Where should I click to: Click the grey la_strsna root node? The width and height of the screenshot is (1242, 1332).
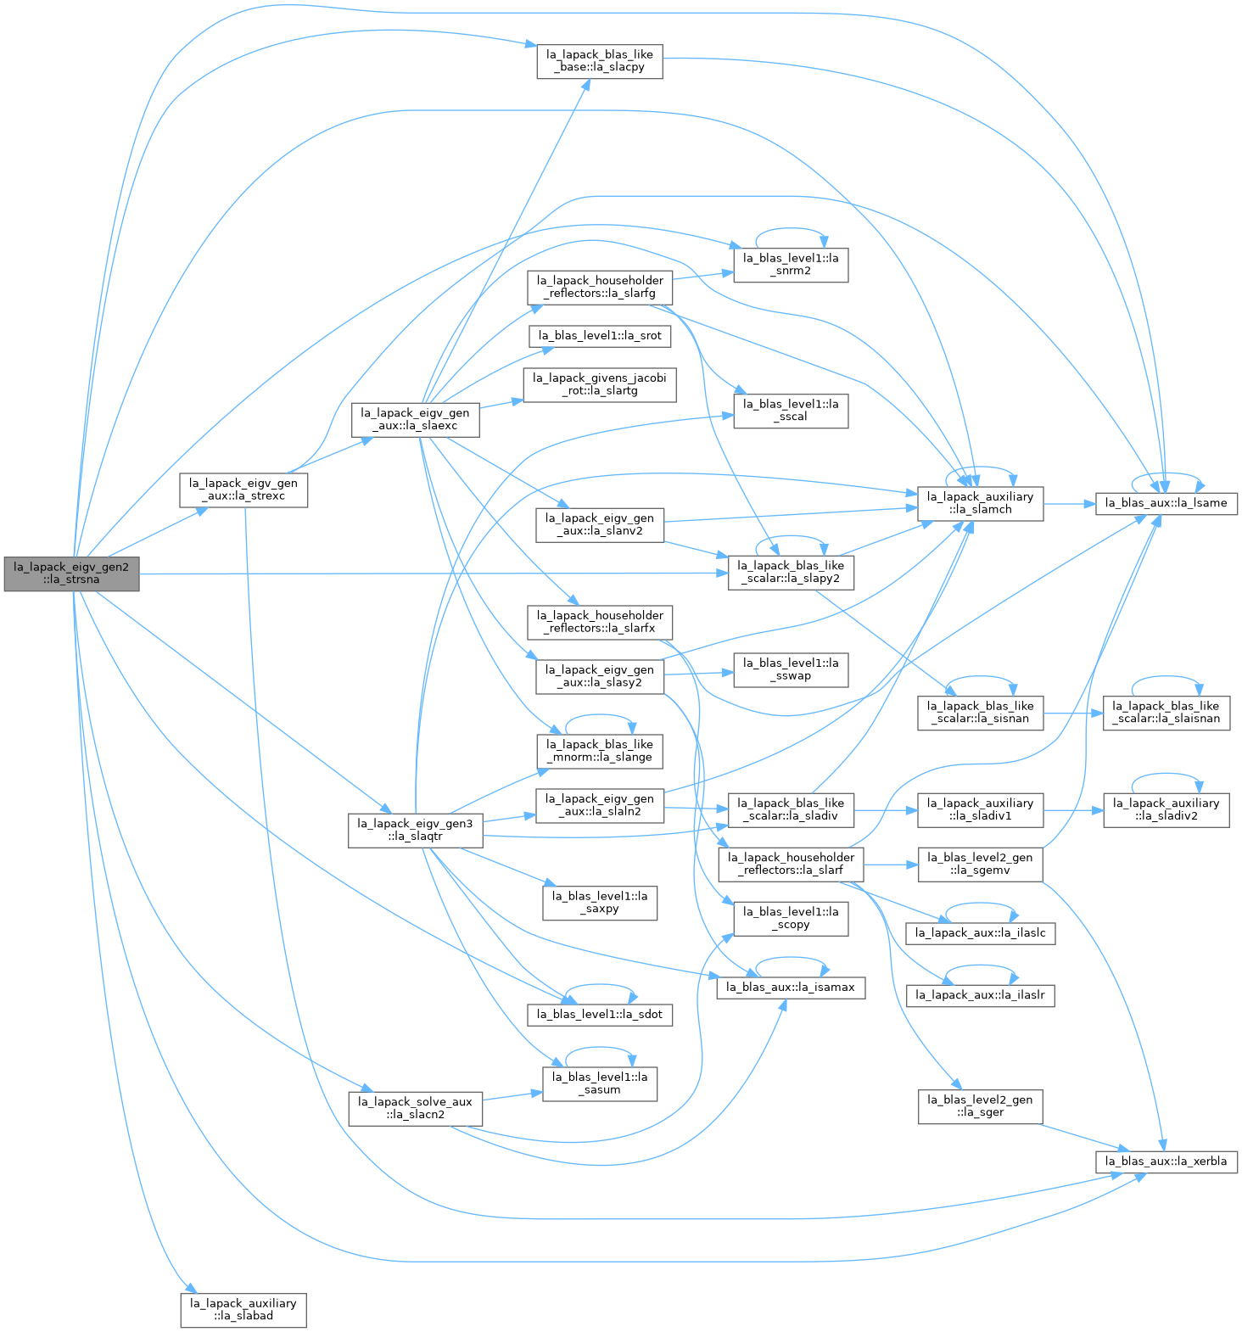[x=71, y=574]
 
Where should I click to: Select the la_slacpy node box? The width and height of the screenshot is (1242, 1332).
[x=600, y=61]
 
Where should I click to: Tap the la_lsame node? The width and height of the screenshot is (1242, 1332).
[x=1167, y=503]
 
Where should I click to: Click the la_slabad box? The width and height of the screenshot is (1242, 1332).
[x=243, y=1310]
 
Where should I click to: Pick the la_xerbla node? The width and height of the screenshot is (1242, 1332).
[x=1166, y=1161]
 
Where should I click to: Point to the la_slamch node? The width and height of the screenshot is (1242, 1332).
[x=981, y=503]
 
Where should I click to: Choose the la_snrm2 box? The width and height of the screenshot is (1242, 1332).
[x=791, y=265]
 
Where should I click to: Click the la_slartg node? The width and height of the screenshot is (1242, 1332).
[x=600, y=384]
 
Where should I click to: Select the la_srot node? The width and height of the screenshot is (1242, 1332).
[x=600, y=336]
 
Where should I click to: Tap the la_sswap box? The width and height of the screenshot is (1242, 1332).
[x=791, y=669]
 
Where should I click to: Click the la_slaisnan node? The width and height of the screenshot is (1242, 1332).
[x=1166, y=712]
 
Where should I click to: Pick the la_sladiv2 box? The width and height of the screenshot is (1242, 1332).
[x=1166, y=809]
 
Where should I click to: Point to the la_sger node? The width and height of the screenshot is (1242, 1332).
[x=980, y=1106]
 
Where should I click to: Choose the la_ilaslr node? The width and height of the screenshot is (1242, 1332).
[x=981, y=995]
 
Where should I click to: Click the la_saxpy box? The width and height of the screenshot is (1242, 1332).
[x=600, y=902]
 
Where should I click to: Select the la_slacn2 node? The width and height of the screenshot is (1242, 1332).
[x=415, y=1109]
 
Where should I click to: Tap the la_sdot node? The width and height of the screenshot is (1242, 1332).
[x=600, y=1015]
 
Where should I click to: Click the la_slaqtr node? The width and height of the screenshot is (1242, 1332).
[x=415, y=830]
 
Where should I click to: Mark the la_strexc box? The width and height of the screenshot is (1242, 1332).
[x=243, y=490]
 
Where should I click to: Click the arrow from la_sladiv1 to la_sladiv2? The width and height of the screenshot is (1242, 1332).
[x=1073, y=809]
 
